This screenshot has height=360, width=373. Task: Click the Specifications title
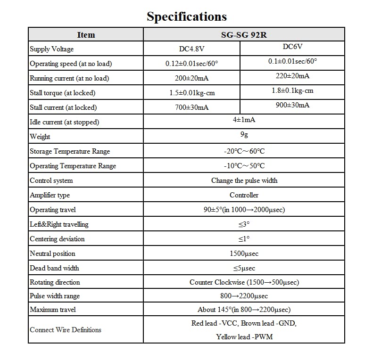186,17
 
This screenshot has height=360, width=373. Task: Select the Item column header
86,35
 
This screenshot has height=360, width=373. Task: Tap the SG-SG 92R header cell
244,35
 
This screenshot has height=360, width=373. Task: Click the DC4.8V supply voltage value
191,49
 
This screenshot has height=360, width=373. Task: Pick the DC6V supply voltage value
292,47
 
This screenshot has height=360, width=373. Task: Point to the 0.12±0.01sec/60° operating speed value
191,64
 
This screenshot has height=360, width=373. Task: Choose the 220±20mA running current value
292,76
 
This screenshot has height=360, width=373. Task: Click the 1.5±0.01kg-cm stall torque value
191,93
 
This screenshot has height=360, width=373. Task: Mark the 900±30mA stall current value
292,105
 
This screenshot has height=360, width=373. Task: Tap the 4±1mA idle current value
244,120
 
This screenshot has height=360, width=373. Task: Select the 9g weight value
244,134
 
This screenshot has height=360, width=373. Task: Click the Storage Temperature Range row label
70,151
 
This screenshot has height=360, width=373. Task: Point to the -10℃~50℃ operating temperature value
244,166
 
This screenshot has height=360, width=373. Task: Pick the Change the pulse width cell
244,180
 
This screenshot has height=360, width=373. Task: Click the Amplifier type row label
50,195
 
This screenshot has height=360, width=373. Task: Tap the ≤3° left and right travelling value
244,224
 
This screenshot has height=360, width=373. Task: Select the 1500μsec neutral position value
244,254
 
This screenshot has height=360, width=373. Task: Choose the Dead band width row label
54,268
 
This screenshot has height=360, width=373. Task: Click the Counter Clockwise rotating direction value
244,282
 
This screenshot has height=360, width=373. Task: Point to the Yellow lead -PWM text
244,337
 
